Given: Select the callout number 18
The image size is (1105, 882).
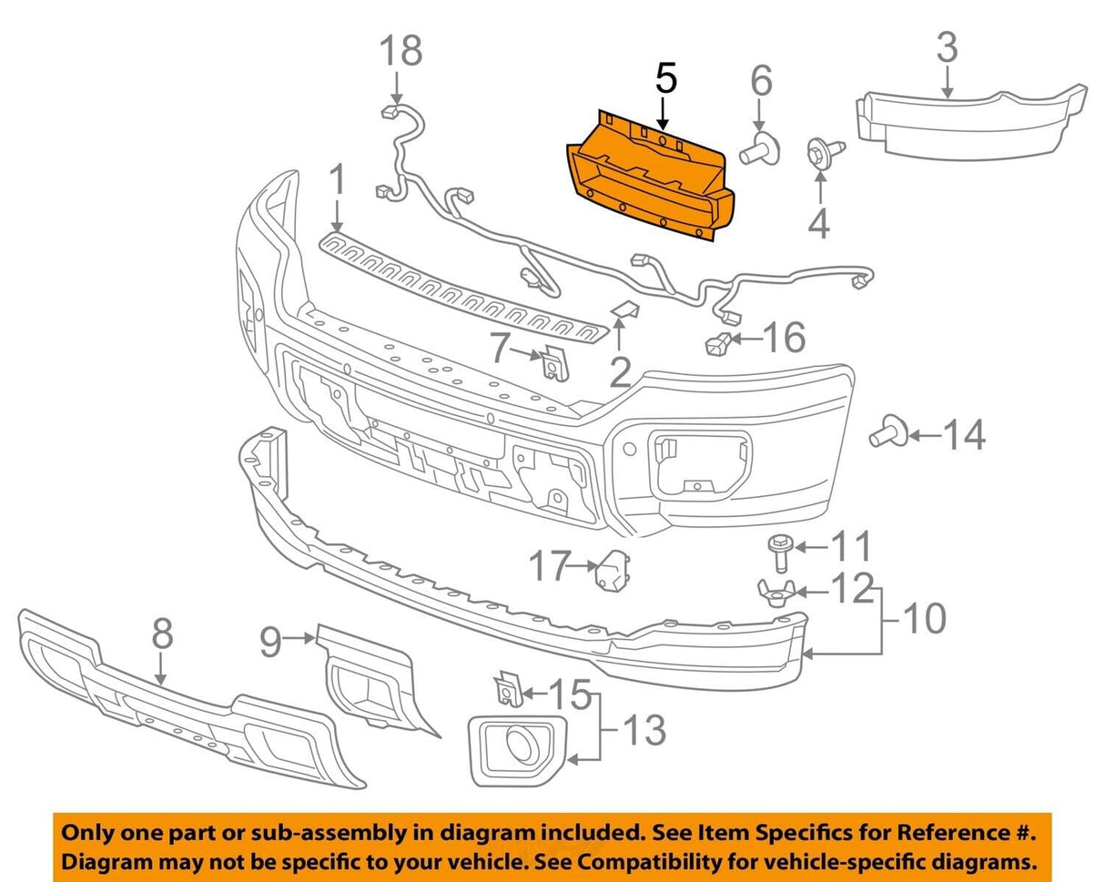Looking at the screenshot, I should point(400,51).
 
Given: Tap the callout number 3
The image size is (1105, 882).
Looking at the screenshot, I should point(947,47).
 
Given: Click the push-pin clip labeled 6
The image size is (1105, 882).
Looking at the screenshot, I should point(759,148).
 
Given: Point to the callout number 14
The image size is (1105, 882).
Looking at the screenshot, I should point(964,436).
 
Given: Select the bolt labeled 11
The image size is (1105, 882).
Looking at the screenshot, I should point(778,550).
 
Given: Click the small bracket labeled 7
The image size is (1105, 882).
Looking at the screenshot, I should point(552,364).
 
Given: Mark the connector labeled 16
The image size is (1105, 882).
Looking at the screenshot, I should point(717,345).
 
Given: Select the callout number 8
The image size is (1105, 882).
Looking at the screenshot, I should point(161,634).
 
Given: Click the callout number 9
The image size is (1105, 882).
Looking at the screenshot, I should point(270,644).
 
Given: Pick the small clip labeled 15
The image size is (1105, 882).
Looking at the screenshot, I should point(504,692).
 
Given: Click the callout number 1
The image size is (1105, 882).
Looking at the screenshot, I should point(337,181).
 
